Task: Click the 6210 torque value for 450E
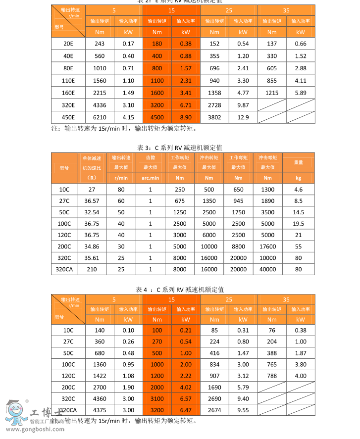[x=100, y=117]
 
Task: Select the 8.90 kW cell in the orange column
[x=186, y=117]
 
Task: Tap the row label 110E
[x=68, y=80]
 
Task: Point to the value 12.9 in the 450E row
[x=243, y=117]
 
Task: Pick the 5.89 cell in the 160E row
[x=301, y=93]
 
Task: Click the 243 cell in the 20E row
[x=100, y=44]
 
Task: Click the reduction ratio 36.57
[x=92, y=201]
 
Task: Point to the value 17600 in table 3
[x=268, y=246]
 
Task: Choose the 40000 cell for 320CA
[x=268, y=269]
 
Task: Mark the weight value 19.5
[x=298, y=223]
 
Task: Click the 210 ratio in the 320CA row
[x=92, y=269]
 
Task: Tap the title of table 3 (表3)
[x=179, y=147]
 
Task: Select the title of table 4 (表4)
[x=179, y=289]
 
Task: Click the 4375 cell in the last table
[x=100, y=410]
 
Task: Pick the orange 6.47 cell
[x=186, y=410]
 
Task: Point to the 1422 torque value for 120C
[x=100, y=376]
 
